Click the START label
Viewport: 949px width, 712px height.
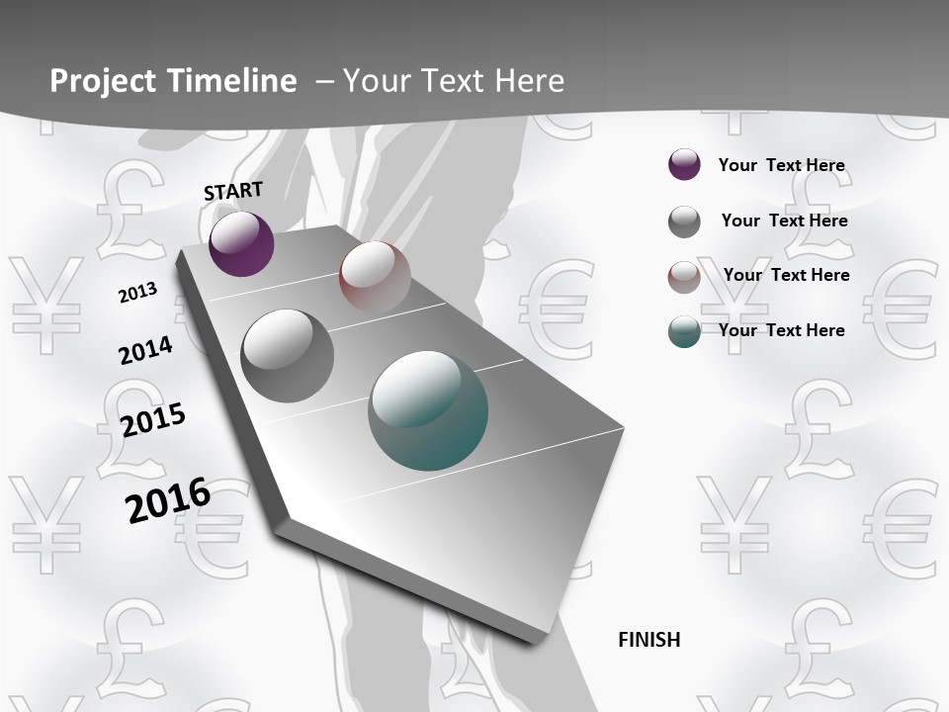click(x=233, y=191)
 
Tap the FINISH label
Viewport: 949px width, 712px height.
click(x=649, y=640)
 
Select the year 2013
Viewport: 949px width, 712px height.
click(x=137, y=292)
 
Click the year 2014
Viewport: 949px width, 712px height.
click(x=145, y=350)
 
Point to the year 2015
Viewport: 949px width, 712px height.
click(x=153, y=419)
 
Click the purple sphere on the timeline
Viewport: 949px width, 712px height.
click(x=241, y=243)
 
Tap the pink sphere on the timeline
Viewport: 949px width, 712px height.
click(x=375, y=276)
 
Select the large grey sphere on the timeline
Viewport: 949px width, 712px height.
click(x=287, y=355)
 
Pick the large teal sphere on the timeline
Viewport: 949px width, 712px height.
click(x=428, y=409)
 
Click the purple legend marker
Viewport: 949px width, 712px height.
click(x=684, y=164)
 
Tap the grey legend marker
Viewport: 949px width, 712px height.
click(x=684, y=222)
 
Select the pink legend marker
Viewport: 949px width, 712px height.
click(x=684, y=277)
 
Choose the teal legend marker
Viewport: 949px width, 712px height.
click(x=684, y=331)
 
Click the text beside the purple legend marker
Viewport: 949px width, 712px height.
click(x=781, y=165)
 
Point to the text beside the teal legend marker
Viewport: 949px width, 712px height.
click(x=781, y=330)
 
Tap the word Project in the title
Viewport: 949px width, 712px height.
click(x=97, y=81)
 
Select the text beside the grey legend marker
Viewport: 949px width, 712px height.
click(x=784, y=221)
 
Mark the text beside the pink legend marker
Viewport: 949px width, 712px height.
click(x=786, y=275)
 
